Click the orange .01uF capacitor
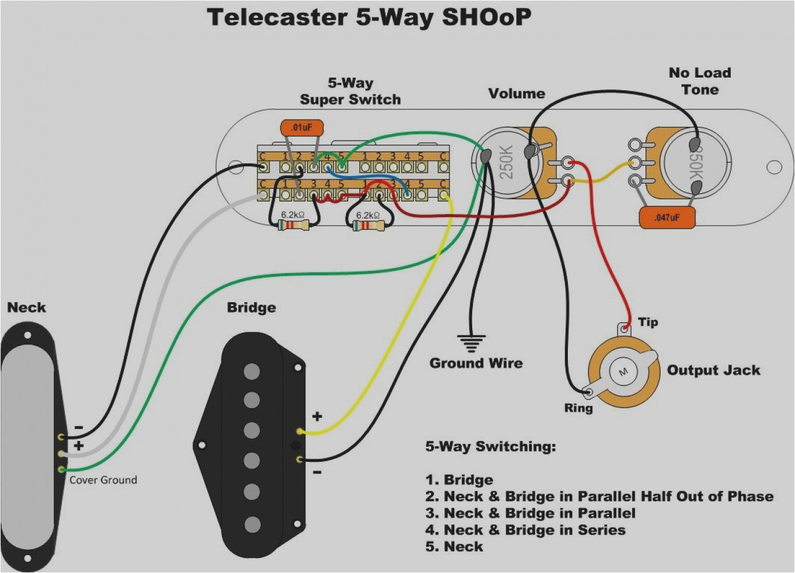click(301, 127)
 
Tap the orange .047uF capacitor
click(666, 218)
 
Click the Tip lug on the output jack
click(624, 329)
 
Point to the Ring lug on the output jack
click(590, 392)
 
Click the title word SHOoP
click(486, 17)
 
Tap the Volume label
click(516, 94)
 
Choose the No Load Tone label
click(699, 81)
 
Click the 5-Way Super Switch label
click(350, 91)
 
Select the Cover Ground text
click(103, 480)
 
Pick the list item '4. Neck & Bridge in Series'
click(525, 530)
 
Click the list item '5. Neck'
click(454, 547)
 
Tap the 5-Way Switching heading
click(490, 447)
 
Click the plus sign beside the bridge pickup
click(317, 416)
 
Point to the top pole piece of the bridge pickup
click(251, 371)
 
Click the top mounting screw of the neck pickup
click(27, 335)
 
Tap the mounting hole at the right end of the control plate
click(774, 167)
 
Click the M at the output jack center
click(624, 371)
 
